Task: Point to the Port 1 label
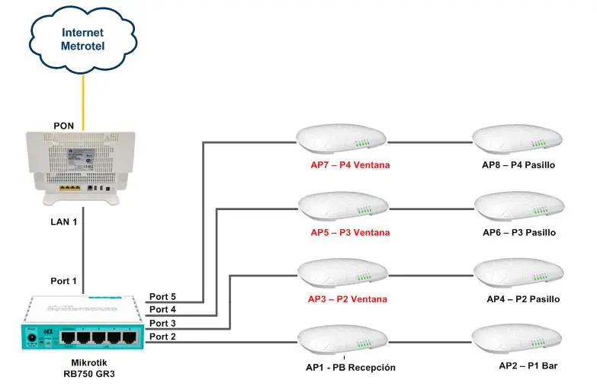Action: coord(64,281)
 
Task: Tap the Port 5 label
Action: coord(162,297)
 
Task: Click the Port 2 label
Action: coord(162,336)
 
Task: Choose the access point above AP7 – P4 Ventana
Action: coord(341,140)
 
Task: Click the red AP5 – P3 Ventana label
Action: coord(350,232)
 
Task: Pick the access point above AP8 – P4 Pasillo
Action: coord(518,140)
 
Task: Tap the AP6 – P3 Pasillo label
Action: coord(519,232)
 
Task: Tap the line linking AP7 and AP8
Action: coord(430,142)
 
